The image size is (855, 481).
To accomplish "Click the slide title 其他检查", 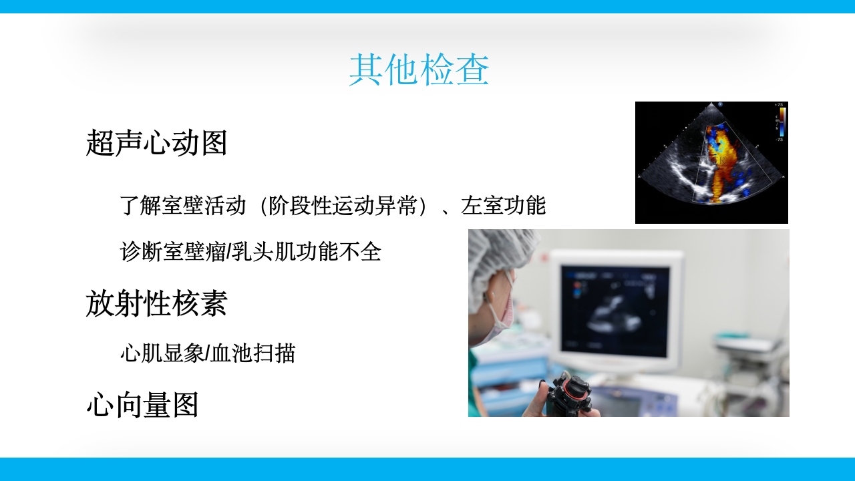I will point(419,70).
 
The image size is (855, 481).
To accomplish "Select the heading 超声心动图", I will point(156,143).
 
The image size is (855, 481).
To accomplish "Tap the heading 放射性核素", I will point(156,303).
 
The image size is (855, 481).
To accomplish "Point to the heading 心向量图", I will point(142,405).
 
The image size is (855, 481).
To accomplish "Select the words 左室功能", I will point(504,206).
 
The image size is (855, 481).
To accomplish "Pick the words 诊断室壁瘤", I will point(173,252).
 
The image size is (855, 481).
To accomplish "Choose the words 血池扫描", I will point(253,353).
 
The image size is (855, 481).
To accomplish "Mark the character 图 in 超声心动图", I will point(214,143).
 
